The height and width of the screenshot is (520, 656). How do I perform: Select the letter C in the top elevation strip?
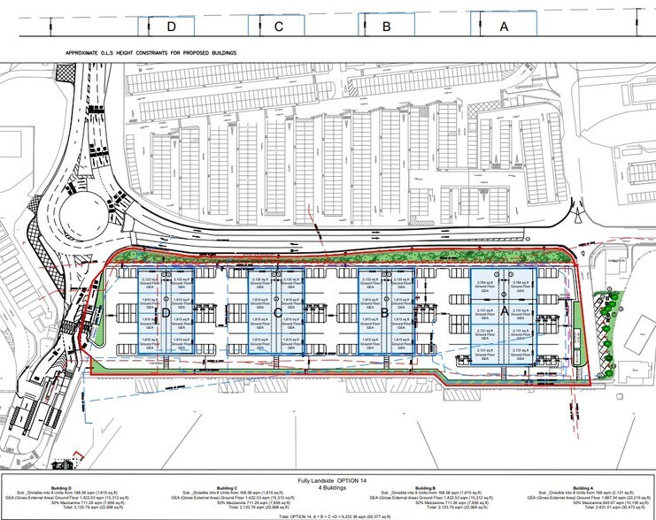(277, 26)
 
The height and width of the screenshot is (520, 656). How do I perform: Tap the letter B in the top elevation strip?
(386, 26)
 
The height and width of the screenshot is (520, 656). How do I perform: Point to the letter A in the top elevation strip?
(504, 26)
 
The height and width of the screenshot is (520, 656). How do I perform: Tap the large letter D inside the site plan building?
(164, 312)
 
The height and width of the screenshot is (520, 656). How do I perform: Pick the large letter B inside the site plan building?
(385, 312)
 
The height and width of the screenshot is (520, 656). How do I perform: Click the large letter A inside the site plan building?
(504, 312)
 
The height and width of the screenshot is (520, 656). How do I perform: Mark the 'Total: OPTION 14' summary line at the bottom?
(328, 514)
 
